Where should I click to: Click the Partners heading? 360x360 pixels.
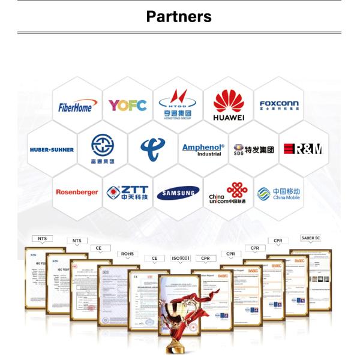pyautogui.click(x=179, y=16)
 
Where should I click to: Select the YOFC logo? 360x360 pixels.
pyautogui.click(x=127, y=106)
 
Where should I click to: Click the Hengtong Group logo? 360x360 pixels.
pyautogui.click(x=178, y=104)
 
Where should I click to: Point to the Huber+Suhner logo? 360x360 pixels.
pyautogui.click(x=52, y=149)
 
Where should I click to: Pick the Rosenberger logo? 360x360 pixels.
pyautogui.click(x=77, y=192)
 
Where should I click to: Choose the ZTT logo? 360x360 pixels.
pyautogui.click(x=127, y=192)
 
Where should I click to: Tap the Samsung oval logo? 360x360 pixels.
pyautogui.click(x=178, y=193)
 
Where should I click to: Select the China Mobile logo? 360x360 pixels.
pyautogui.click(x=278, y=193)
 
